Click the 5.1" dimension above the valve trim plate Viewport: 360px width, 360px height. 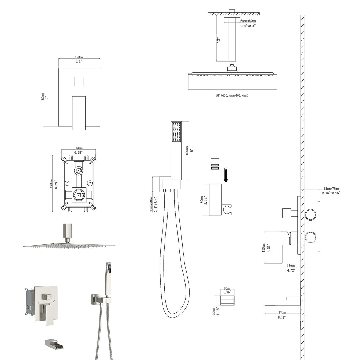click(79, 62)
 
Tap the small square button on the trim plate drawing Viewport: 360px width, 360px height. click(79, 81)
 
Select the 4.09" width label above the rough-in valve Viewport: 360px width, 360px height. click(78, 152)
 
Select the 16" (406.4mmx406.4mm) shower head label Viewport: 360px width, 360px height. click(232, 95)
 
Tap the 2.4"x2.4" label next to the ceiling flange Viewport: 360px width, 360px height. click(248, 26)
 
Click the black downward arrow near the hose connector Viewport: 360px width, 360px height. click(226, 175)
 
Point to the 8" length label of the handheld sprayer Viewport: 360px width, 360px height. click(192, 150)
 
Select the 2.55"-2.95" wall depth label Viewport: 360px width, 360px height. click(331, 193)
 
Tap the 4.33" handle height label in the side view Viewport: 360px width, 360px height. click(269, 248)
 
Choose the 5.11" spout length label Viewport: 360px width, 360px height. click(283, 317)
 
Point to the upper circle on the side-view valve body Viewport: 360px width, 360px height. click(311, 215)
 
